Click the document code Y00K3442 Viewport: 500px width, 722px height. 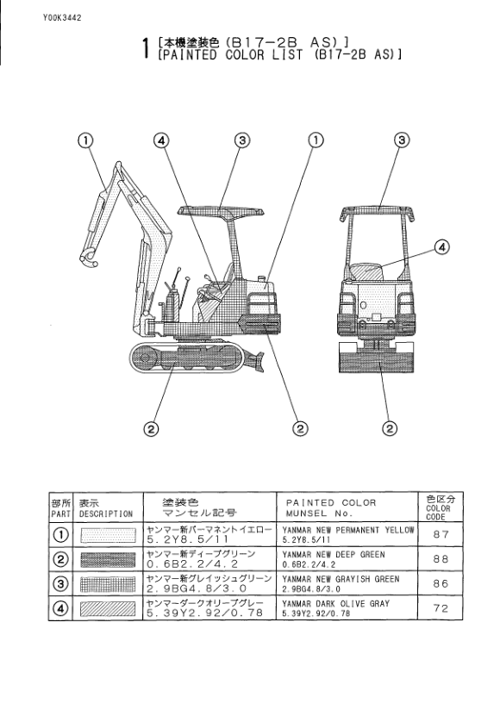coord(62,18)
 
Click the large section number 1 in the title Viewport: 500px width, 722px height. coord(145,48)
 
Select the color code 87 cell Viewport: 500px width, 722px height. coord(441,534)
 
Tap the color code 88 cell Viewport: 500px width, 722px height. coord(441,559)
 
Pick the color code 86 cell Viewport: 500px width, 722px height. coord(441,583)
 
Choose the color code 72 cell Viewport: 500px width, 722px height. coord(441,608)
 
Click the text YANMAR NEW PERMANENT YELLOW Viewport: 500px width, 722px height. coord(348,530)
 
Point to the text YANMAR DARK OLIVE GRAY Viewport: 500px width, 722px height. coord(336,603)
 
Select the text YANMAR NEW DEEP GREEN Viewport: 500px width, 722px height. coord(334,554)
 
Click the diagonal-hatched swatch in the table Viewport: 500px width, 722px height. coord(108,609)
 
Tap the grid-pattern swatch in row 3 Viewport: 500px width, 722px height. coord(108,584)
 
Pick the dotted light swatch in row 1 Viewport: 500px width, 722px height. coord(108,535)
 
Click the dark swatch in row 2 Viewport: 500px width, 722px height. coord(108,559)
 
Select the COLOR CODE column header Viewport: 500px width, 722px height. coord(441,507)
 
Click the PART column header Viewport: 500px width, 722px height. coord(61,507)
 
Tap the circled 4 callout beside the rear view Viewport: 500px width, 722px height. coord(442,247)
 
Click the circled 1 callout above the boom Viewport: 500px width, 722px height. coord(85,140)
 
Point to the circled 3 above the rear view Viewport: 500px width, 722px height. coord(402,140)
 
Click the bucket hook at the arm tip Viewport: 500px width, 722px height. coord(89,259)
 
